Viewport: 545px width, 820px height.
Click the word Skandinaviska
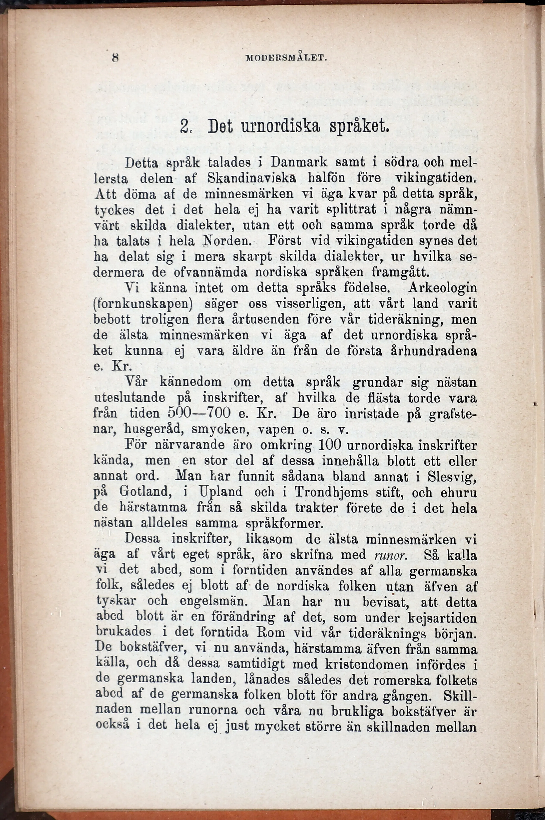point(252,178)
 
